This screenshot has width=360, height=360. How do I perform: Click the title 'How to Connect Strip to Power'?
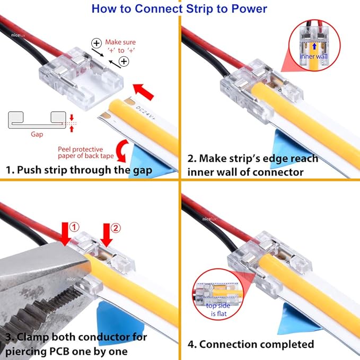point(179,8)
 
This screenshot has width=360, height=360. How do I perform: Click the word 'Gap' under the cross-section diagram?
point(37,135)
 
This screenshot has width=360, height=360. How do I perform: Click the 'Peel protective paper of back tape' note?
point(88,153)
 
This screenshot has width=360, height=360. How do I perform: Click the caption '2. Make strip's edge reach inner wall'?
point(252,165)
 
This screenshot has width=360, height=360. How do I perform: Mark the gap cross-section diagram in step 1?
point(38,120)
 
